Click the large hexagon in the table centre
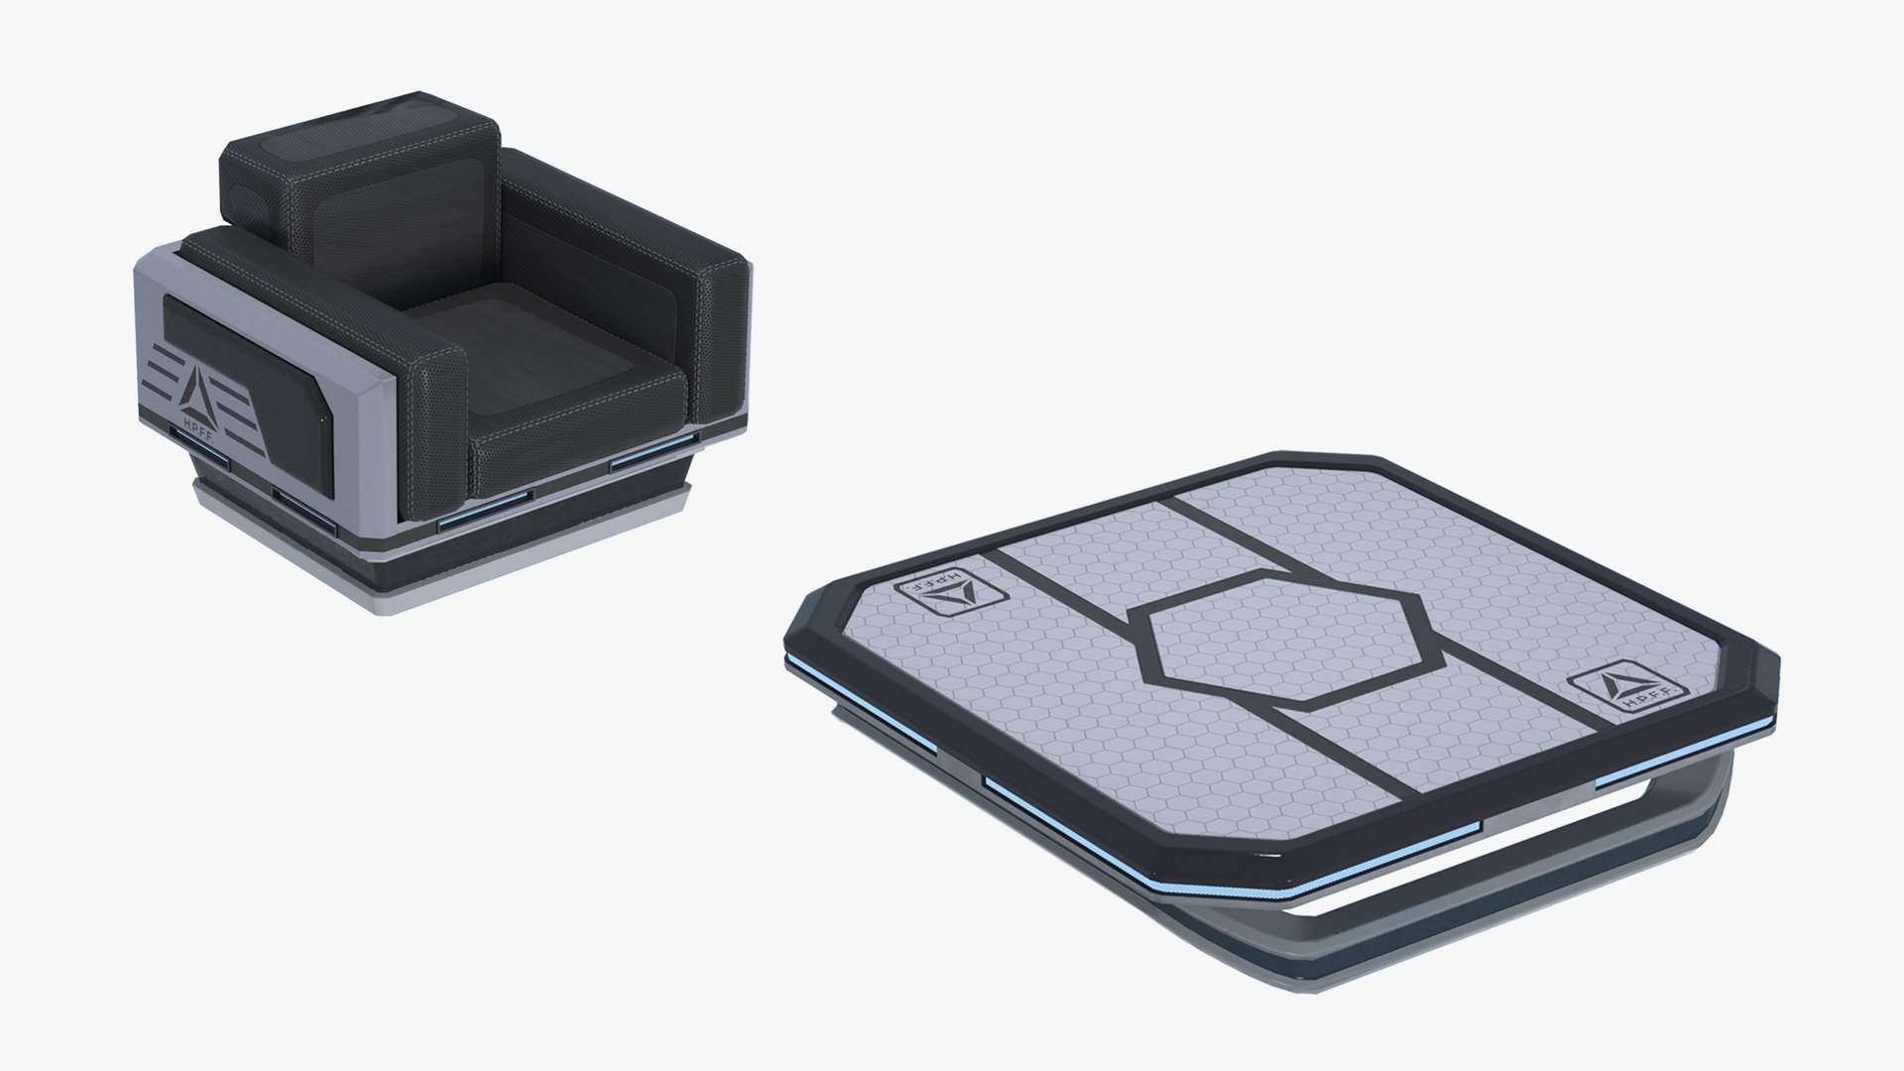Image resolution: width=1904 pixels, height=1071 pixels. click(x=1287, y=636)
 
